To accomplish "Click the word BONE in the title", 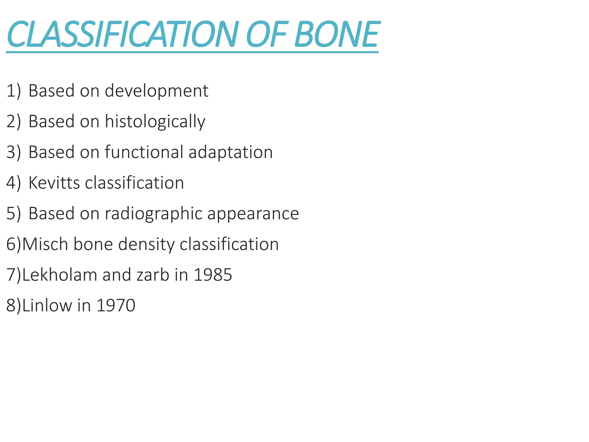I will (x=336, y=35).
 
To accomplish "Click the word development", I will (x=156, y=91).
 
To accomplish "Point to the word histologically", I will (x=155, y=122).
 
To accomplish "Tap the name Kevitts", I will (x=54, y=183).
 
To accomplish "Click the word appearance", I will (x=253, y=214).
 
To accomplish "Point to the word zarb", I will (x=153, y=275).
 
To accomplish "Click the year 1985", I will (x=213, y=275).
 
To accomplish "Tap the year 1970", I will (x=116, y=305).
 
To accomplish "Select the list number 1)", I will (x=14, y=91).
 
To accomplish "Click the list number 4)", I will (x=14, y=183).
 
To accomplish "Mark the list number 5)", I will (x=14, y=214).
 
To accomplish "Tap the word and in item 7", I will (x=117, y=275).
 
